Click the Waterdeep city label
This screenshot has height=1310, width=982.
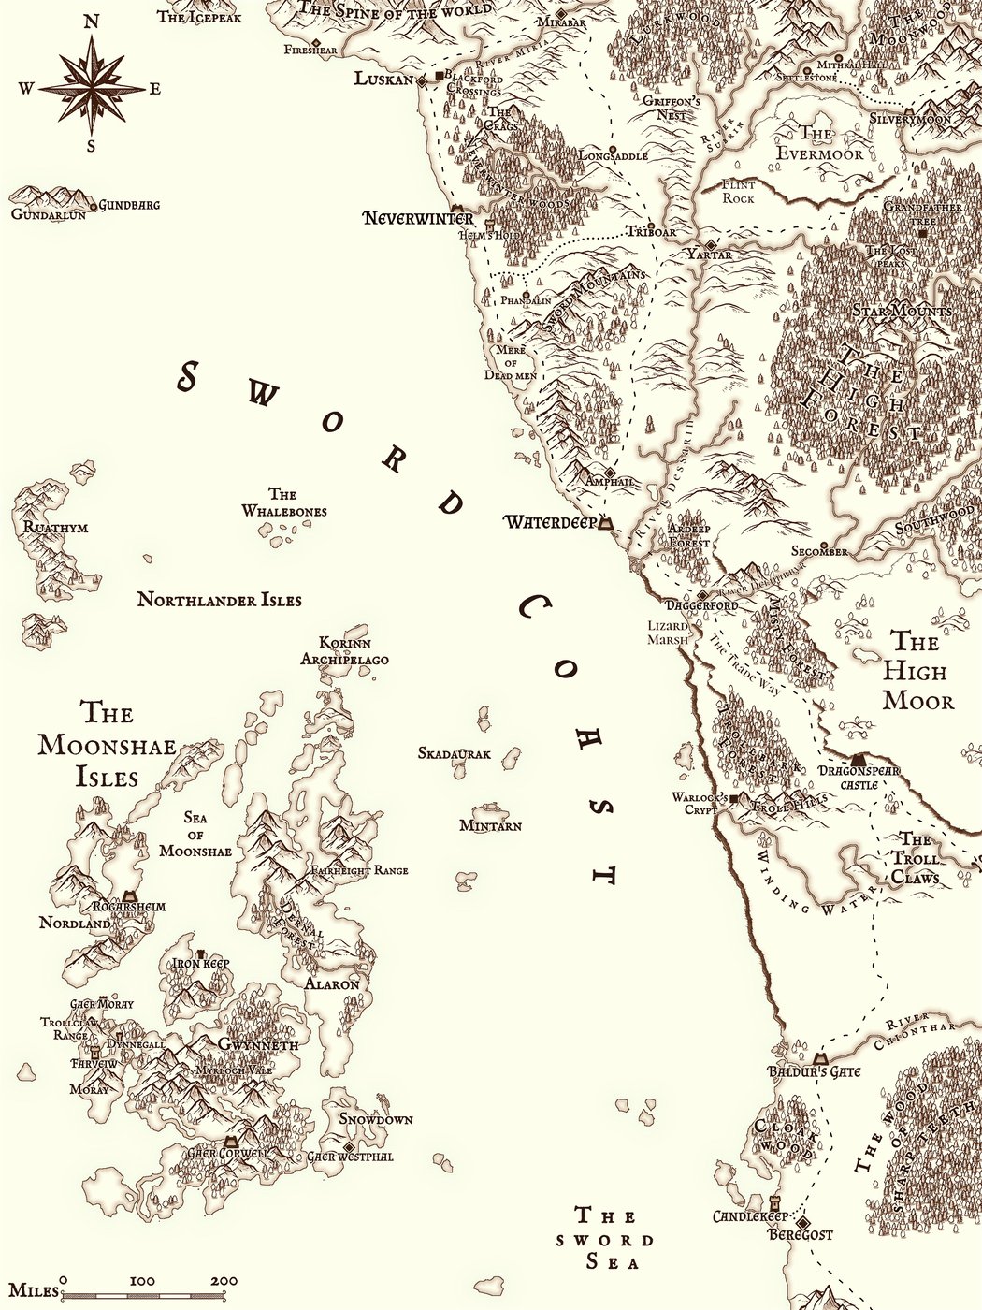click(550, 522)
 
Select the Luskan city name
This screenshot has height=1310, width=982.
click(383, 80)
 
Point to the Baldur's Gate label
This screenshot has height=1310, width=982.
click(814, 1071)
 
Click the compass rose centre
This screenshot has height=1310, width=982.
click(92, 89)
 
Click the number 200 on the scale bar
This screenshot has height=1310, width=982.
click(224, 1281)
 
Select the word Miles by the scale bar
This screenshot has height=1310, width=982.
click(29, 1291)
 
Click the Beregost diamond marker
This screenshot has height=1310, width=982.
click(802, 1222)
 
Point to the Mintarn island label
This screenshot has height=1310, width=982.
click(490, 825)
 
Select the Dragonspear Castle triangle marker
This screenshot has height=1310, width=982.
click(859, 759)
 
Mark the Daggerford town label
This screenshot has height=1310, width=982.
click(702, 606)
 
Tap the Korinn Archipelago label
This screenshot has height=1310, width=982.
click(344, 651)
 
